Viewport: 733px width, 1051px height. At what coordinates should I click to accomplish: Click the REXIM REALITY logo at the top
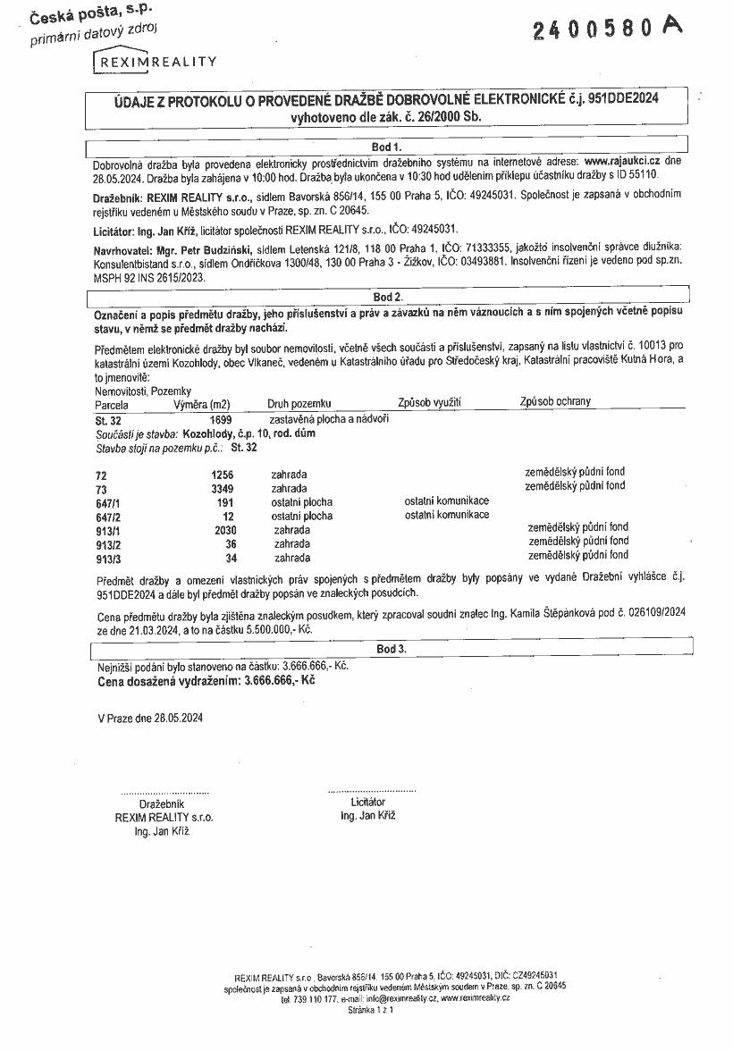(156, 62)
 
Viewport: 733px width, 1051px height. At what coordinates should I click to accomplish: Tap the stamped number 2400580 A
(607, 29)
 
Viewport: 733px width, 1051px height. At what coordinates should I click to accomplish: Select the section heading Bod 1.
(387, 146)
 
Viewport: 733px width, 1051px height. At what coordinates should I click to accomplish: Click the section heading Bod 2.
(387, 296)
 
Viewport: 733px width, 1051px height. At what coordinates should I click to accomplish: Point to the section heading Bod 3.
(392, 649)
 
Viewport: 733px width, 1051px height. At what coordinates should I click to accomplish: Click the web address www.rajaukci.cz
(622, 161)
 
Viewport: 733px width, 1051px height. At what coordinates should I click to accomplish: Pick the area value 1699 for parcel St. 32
(220, 418)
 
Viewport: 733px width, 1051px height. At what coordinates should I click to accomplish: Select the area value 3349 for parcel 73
(220, 489)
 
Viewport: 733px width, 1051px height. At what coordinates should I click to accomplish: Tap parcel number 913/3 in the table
(107, 559)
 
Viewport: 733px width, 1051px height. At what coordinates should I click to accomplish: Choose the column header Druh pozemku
(299, 404)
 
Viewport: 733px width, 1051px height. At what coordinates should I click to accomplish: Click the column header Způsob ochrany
(555, 402)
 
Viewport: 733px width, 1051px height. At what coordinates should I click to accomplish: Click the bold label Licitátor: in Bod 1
(116, 230)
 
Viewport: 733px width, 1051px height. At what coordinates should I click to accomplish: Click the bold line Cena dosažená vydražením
(206, 680)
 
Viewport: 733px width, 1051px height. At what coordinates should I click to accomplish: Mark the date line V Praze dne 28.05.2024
(150, 718)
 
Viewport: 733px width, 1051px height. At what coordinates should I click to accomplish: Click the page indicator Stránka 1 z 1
(369, 1010)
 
